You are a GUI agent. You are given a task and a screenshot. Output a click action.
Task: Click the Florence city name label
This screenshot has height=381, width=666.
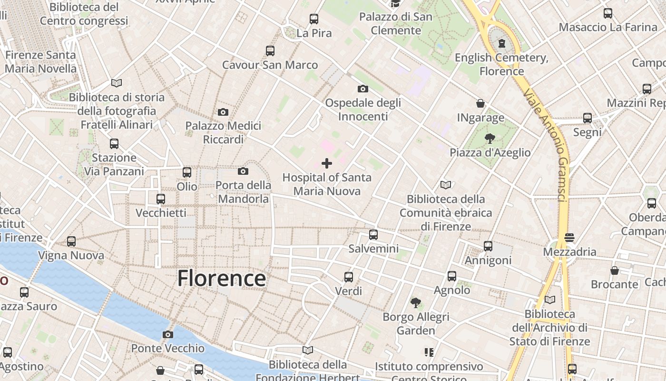(x=221, y=279)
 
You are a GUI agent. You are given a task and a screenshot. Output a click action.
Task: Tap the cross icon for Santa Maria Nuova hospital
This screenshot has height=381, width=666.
(x=327, y=163)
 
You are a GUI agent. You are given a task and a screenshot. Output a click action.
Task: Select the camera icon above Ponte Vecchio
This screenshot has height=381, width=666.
(x=167, y=334)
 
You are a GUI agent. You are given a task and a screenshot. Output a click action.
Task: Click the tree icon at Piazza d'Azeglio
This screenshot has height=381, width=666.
(x=490, y=139)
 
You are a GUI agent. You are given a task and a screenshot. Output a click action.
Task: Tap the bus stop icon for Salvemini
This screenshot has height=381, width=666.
(x=373, y=234)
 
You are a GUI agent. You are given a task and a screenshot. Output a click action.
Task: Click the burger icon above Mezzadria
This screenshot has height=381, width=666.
(x=569, y=237)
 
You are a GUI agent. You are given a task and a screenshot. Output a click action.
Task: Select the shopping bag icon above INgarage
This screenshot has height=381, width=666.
(x=480, y=103)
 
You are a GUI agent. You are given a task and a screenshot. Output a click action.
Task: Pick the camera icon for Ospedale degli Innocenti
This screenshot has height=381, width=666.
(x=363, y=89)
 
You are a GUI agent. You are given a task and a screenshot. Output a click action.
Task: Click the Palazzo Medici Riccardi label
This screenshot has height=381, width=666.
(x=223, y=132)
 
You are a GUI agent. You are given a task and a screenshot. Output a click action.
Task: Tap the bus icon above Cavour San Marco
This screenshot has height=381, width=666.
(x=270, y=50)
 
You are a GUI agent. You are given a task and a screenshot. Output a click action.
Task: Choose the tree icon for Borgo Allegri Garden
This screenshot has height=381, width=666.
(x=416, y=302)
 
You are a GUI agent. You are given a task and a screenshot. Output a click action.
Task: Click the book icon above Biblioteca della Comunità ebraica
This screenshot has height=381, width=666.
(x=446, y=185)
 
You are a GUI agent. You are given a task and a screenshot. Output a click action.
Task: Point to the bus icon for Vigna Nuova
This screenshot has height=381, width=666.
(x=71, y=241)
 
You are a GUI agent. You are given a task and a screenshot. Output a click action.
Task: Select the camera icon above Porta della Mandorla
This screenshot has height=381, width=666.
(x=243, y=171)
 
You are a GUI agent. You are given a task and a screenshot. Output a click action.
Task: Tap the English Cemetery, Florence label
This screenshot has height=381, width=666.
(x=501, y=64)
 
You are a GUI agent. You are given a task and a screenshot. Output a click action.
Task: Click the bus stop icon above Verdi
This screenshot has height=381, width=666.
(x=349, y=277)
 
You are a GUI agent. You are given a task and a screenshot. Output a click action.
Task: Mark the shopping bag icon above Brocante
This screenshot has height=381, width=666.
(x=615, y=271)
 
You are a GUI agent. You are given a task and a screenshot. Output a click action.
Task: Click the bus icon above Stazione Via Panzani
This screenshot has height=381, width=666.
(x=114, y=143)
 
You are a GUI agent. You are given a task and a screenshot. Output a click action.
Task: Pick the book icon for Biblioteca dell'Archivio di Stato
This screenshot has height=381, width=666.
(x=550, y=300)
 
